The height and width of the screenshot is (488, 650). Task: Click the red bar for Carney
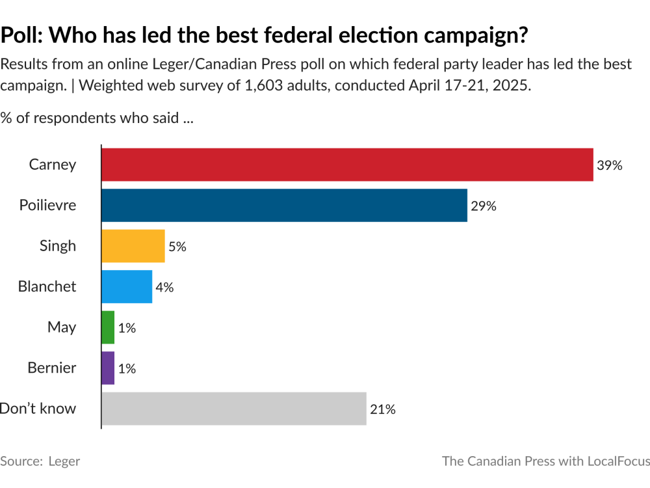pos(347,165)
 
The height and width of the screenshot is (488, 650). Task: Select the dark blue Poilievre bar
pos(284,206)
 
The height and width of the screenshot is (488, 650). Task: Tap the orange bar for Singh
pos(133,246)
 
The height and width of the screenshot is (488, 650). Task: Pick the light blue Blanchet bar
pos(127,287)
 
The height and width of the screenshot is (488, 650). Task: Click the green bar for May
pos(108,327)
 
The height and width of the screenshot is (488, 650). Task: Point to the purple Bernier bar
pos(108,368)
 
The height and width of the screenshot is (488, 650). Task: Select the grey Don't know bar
pos(234,409)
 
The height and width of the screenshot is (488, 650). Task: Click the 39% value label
pos(610,165)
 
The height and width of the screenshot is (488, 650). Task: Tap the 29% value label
pos(484,206)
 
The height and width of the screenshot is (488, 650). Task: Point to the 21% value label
pos(383,409)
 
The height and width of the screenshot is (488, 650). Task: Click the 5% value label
pos(177,247)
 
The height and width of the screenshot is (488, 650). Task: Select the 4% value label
pos(164,288)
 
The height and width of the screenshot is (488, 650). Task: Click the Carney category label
pos(53,165)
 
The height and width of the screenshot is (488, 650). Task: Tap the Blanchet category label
pos(47,287)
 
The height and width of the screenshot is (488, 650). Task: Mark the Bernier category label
pos(52,368)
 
